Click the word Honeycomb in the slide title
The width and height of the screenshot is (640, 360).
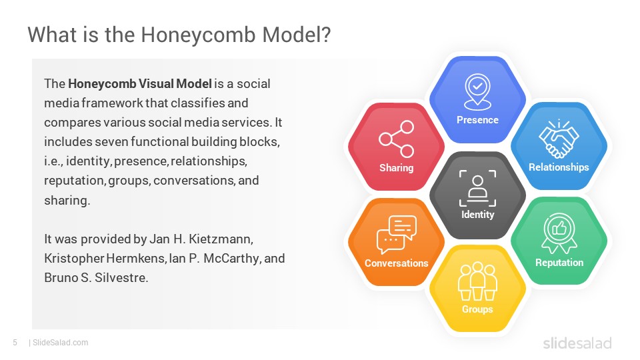tap(198, 35)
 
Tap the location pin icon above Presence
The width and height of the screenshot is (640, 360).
tap(477, 92)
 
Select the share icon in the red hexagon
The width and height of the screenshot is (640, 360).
tap(396, 139)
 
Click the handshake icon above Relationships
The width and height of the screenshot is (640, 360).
tap(559, 139)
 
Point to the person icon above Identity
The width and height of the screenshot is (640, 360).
tap(477, 188)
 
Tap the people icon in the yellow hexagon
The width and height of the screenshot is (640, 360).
tap(477, 281)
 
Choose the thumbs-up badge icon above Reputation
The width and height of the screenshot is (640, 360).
tap(559, 233)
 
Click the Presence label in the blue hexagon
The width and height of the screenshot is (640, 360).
tap(477, 120)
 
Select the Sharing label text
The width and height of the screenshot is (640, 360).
tap(396, 168)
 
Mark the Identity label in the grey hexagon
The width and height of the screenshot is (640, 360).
tap(477, 215)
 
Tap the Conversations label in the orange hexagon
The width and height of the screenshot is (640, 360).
tap(396, 263)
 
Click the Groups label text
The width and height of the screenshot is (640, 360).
tap(477, 309)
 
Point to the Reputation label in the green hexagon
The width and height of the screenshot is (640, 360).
tap(559, 263)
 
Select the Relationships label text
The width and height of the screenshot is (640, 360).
tap(559, 167)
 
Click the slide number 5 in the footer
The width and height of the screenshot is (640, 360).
tap(15, 343)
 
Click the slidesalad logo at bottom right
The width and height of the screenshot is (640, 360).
tap(577, 343)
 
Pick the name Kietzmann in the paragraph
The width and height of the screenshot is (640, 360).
tap(221, 239)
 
